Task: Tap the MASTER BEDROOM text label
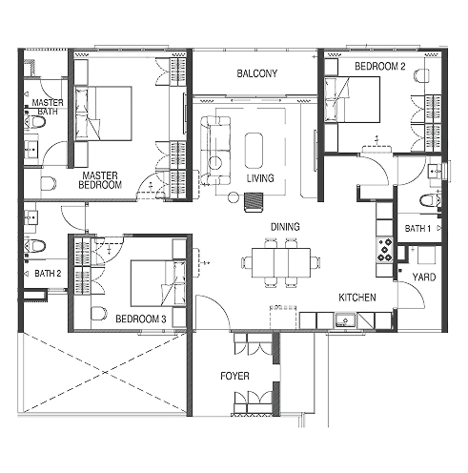pos(102,180)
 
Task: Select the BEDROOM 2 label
pos(380,67)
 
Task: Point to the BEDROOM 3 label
pos(141,318)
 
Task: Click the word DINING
pos(285,227)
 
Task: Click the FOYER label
pos(235,376)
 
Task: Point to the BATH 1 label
pos(417,230)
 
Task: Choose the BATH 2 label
pos(48,274)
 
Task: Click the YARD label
pos(422,278)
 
